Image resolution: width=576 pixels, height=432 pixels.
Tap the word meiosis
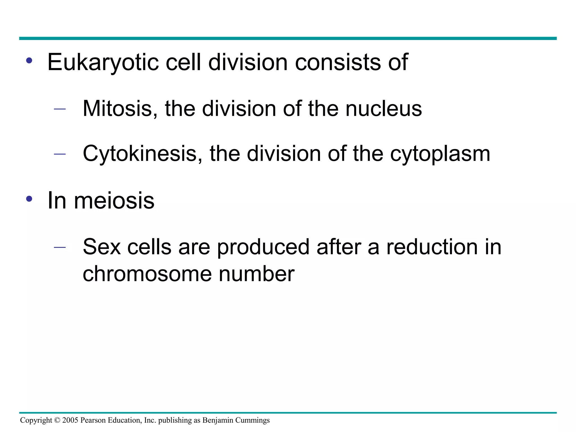pyautogui.click(x=114, y=201)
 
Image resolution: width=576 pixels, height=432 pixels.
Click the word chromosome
pyautogui.click(x=147, y=274)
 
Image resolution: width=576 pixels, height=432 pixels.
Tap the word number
pyautogui.click(x=256, y=274)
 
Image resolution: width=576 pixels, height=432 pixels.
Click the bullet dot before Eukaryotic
pyautogui.click(x=29, y=60)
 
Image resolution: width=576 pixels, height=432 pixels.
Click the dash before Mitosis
pyautogui.click(x=60, y=109)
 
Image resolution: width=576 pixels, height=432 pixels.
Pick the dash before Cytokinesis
pyautogui.click(x=60, y=154)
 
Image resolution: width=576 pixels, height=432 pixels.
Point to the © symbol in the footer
pyautogui.click(x=57, y=420)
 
